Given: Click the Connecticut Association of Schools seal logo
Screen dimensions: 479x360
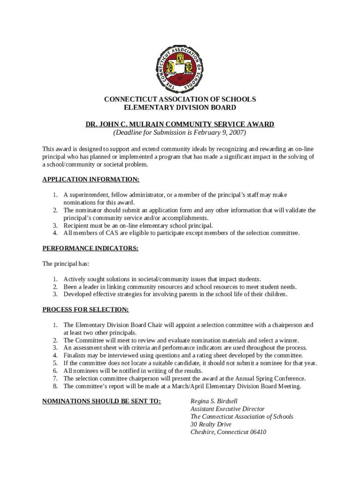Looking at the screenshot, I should (x=180, y=69).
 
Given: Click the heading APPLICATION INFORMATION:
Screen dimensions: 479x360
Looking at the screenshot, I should (x=91, y=180).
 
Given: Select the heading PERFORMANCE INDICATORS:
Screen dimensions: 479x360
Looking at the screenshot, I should (x=90, y=248).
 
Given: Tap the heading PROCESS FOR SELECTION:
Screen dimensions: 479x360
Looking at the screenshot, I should (x=86, y=310).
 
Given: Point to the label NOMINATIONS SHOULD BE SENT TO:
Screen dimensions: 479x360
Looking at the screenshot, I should (x=101, y=401).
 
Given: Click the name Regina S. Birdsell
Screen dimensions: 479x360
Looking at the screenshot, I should (x=214, y=401).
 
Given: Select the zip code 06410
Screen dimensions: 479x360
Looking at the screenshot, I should (x=257, y=432).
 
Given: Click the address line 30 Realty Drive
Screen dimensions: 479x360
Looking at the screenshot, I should (x=211, y=424).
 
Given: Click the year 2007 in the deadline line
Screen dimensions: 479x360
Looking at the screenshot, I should (x=236, y=132).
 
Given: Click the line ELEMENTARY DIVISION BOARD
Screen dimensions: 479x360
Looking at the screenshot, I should (x=180, y=108).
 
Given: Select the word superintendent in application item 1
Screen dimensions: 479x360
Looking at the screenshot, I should (x=90, y=195).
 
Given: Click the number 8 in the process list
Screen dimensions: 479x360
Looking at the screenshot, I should (x=55, y=386).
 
